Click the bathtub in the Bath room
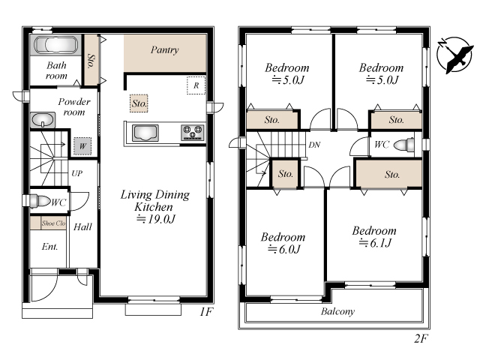pos(55,45)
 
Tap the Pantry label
pos(165,50)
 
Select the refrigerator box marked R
pos(196,85)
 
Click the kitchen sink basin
pos(145,133)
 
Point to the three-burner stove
pos(193,133)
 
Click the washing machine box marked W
pos(82,146)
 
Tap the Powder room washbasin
pos(43,120)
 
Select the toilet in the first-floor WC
pos(38,202)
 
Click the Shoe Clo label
pos(53,223)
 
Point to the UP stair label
pos(76,173)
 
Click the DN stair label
pos(314,145)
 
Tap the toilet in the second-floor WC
pos(403,145)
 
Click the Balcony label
pos(338,312)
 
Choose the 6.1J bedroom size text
pos(376,243)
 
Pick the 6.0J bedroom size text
pos(284,250)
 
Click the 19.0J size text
pos(156,219)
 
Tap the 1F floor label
pos(206,312)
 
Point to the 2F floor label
pos(421,338)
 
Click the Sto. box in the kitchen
pos(139,103)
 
